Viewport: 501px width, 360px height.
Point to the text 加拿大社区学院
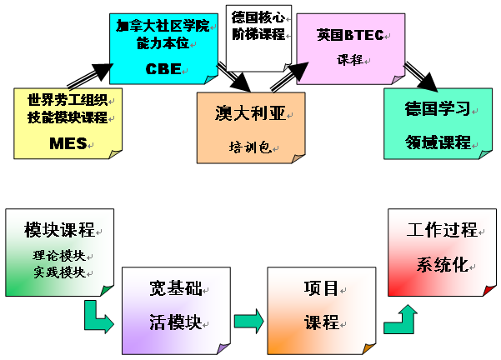(158, 25)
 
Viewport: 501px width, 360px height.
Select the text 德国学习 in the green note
(437, 109)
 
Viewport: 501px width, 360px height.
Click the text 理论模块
(59, 254)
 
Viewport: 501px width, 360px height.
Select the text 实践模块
(59, 272)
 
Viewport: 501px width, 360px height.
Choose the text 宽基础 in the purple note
(175, 289)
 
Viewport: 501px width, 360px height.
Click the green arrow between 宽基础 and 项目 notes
(248, 321)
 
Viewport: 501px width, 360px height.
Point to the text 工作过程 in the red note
(441, 230)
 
